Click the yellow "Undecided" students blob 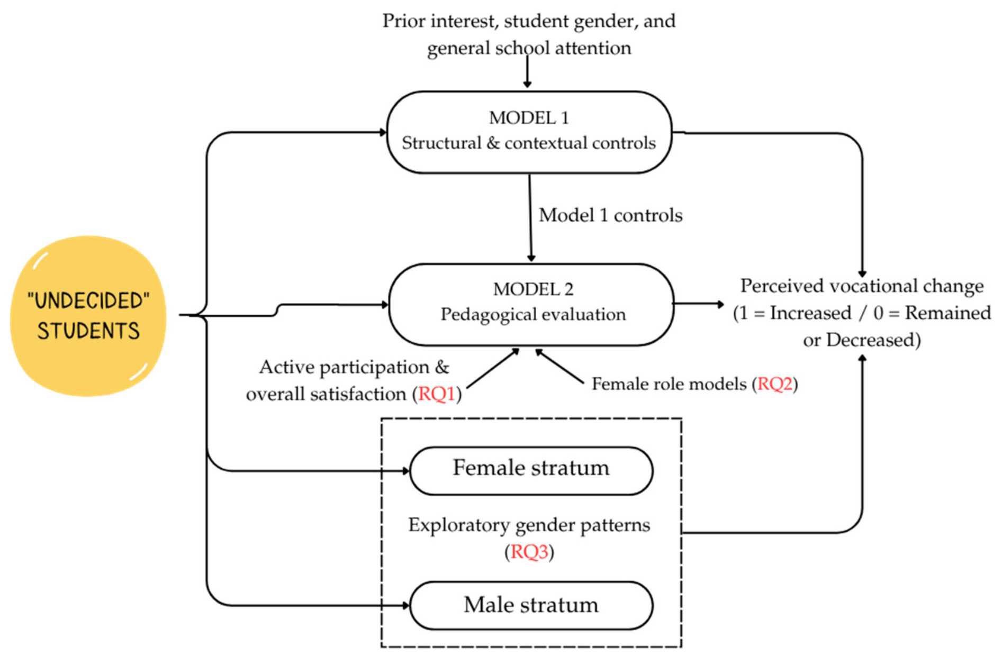[88, 316]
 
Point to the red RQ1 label [437, 394]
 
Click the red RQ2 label [775, 384]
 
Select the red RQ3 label [529, 552]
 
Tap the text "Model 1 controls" [611, 215]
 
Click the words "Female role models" [669, 384]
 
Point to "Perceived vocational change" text [862, 286]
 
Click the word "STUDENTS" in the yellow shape [88, 331]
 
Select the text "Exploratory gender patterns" [529, 525]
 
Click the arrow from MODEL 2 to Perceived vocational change [699, 304]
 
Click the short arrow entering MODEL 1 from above [527, 72]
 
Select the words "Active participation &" [354, 367]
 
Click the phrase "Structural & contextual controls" [529, 143]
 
